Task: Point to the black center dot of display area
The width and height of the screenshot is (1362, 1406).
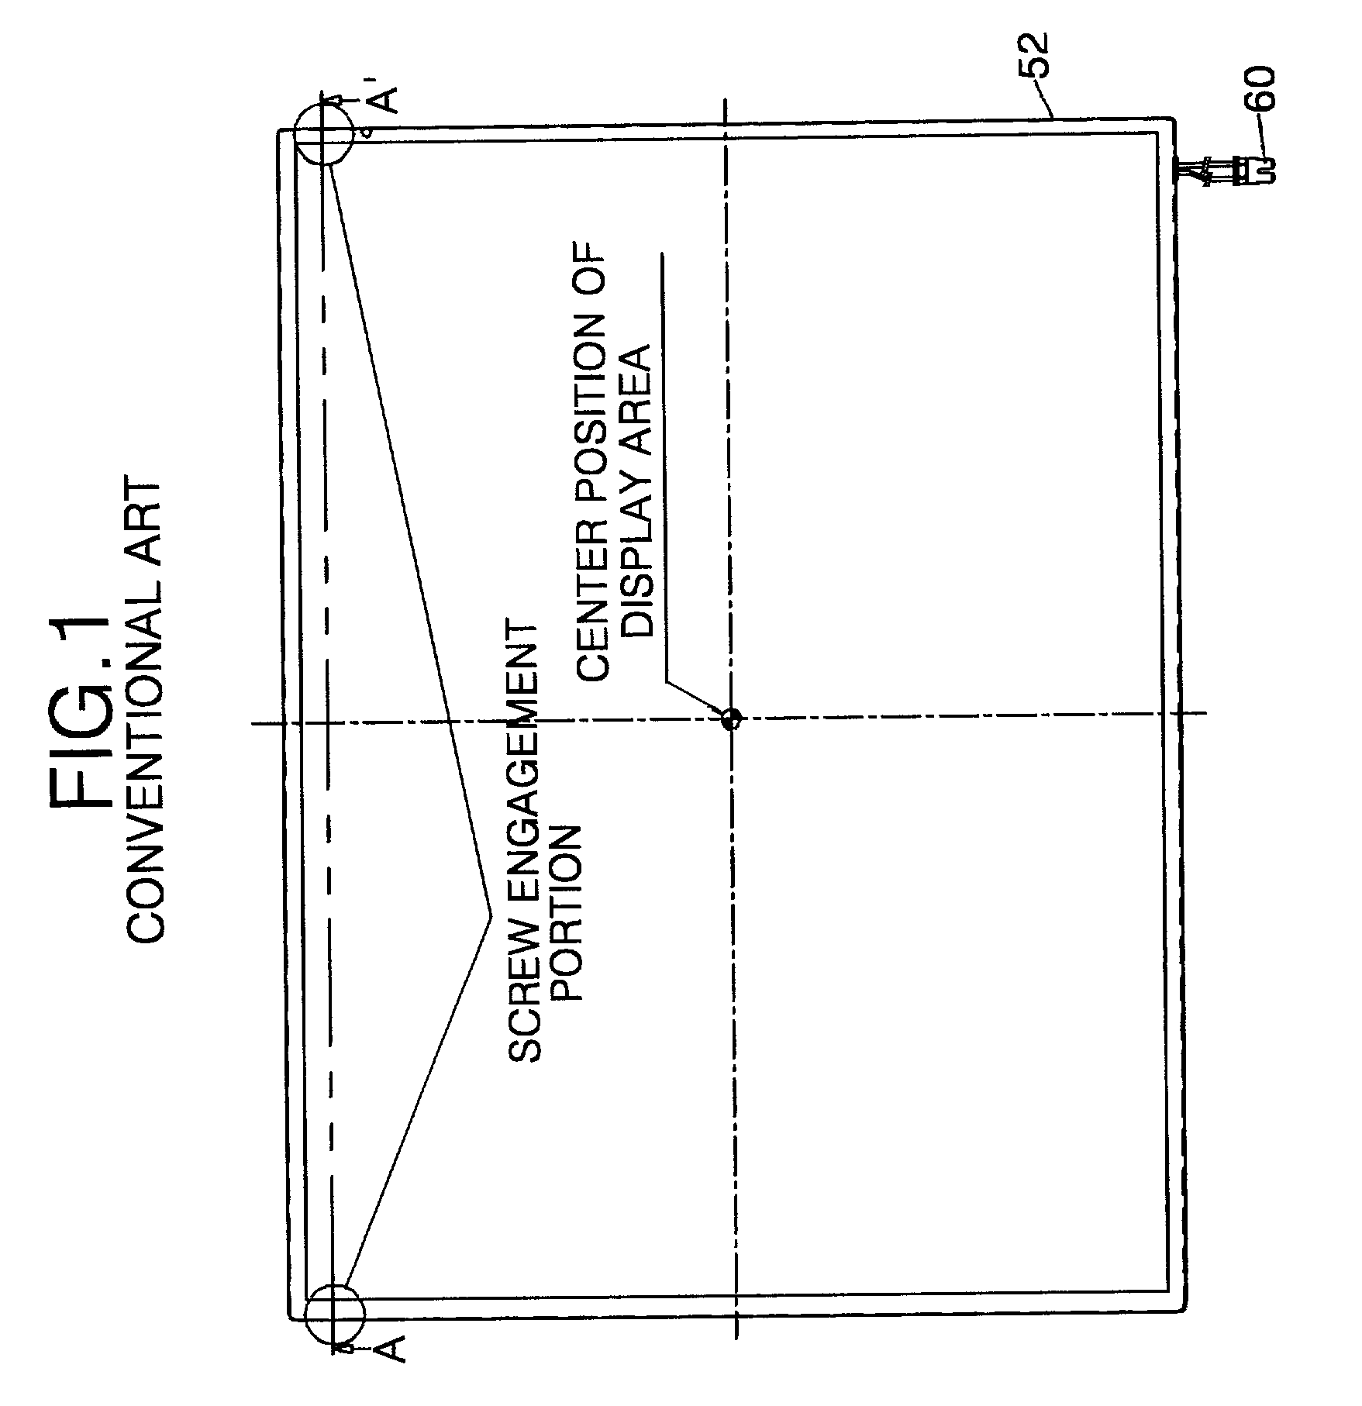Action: tap(729, 719)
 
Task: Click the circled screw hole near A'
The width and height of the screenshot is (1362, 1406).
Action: tap(323, 133)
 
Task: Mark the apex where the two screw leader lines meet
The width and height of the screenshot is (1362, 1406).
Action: tap(490, 915)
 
